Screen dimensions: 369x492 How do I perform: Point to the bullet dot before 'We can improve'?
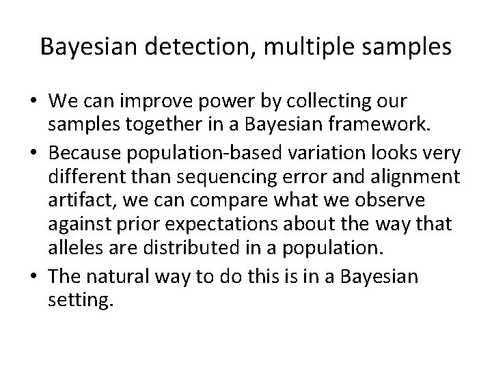point(33,101)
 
